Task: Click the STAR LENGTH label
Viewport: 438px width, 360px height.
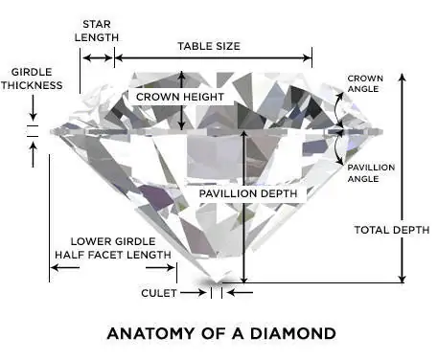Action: pyautogui.click(x=100, y=30)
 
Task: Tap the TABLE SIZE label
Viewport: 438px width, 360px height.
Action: pyautogui.click(x=209, y=45)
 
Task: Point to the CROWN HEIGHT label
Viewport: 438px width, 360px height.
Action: pyautogui.click(x=180, y=98)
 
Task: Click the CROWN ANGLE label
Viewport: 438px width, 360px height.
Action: pyautogui.click(x=365, y=84)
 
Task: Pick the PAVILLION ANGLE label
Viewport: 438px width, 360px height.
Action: pyautogui.click(x=371, y=173)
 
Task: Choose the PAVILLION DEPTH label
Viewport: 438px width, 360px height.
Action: pyautogui.click(x=249, y=193)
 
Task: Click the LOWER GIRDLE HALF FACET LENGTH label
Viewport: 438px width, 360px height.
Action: pyautogui.click(x=114, y=248)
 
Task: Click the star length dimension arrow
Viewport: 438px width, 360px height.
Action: pyautogui.click(x=97, y=57)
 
